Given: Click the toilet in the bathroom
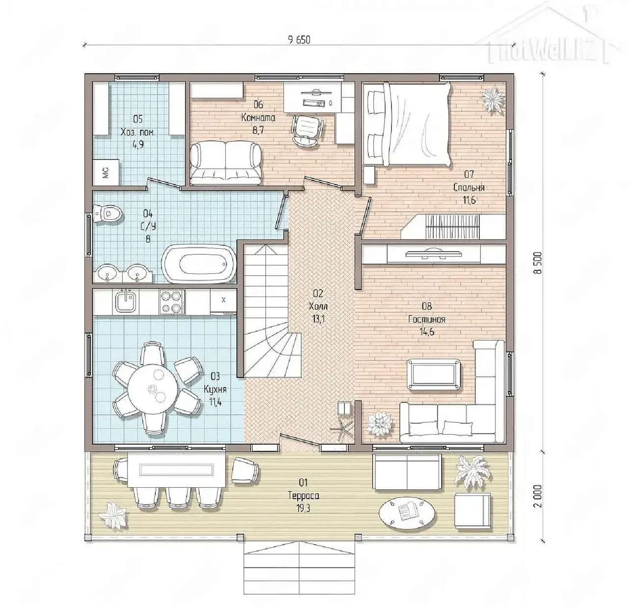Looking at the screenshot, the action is point(107,213).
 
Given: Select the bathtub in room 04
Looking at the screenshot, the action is point(199,264).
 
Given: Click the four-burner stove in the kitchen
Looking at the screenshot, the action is point(172,301).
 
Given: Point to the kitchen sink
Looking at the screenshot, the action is point(126,301).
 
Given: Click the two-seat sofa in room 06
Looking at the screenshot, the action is point(226,163).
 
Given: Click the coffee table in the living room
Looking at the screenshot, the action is point(434,374).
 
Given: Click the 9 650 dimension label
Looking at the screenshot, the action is point(298,39).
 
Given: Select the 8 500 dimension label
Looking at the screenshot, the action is point(537,263).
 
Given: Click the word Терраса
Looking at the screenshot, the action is point(303,496).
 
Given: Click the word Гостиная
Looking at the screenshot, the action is point(426,319).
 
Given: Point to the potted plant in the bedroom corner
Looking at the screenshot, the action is point(492,97).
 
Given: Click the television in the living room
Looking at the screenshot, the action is point(433,254).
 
